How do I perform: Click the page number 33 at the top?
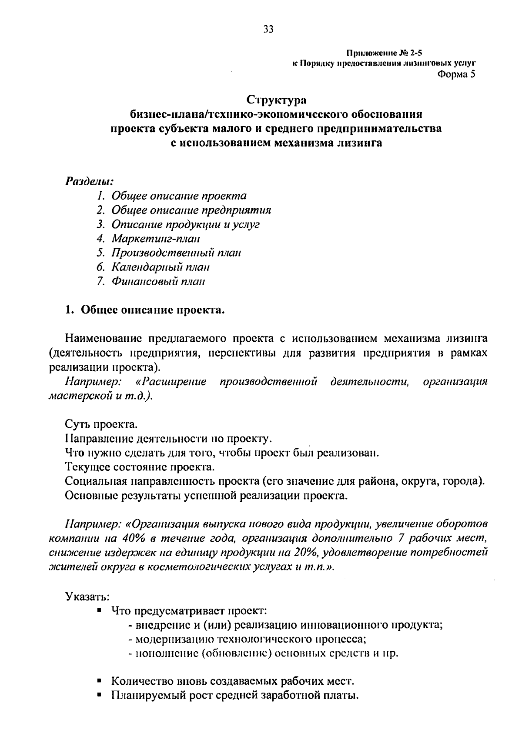[268, 29]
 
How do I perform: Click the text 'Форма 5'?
[456, 74]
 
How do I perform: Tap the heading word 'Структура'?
[277, 100]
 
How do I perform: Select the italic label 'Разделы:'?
[89, 180]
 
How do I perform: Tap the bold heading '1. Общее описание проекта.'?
[144, 310]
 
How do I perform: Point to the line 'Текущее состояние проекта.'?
[139, 467]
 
